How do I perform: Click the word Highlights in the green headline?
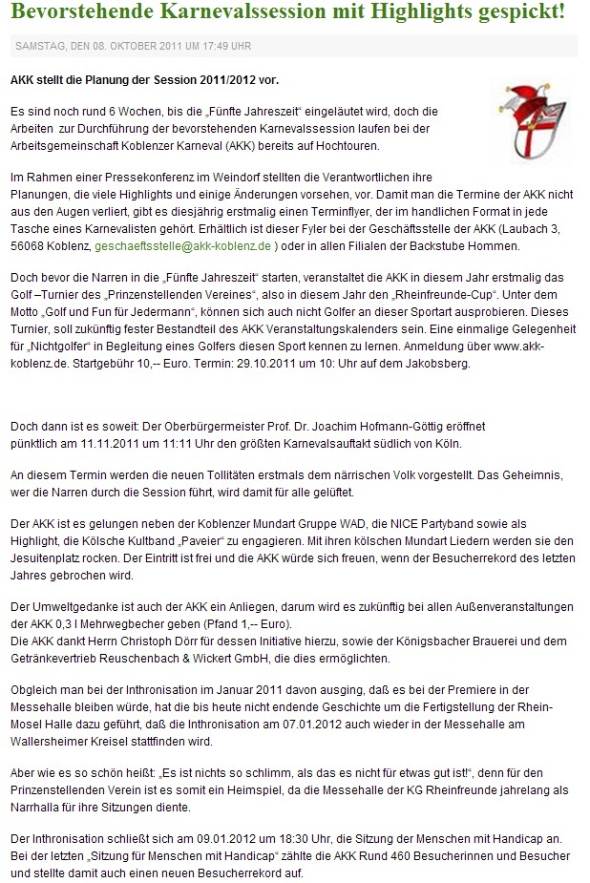tap(426, 12)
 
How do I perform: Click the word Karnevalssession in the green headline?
tap(228, 12)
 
